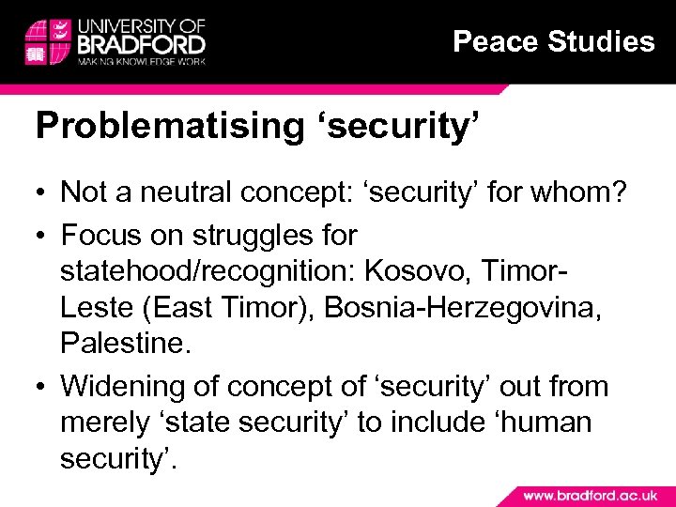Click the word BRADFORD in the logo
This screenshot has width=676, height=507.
coord(143,43)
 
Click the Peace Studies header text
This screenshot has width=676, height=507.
coord(553,41)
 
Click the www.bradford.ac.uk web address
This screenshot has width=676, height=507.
coord(589,495)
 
